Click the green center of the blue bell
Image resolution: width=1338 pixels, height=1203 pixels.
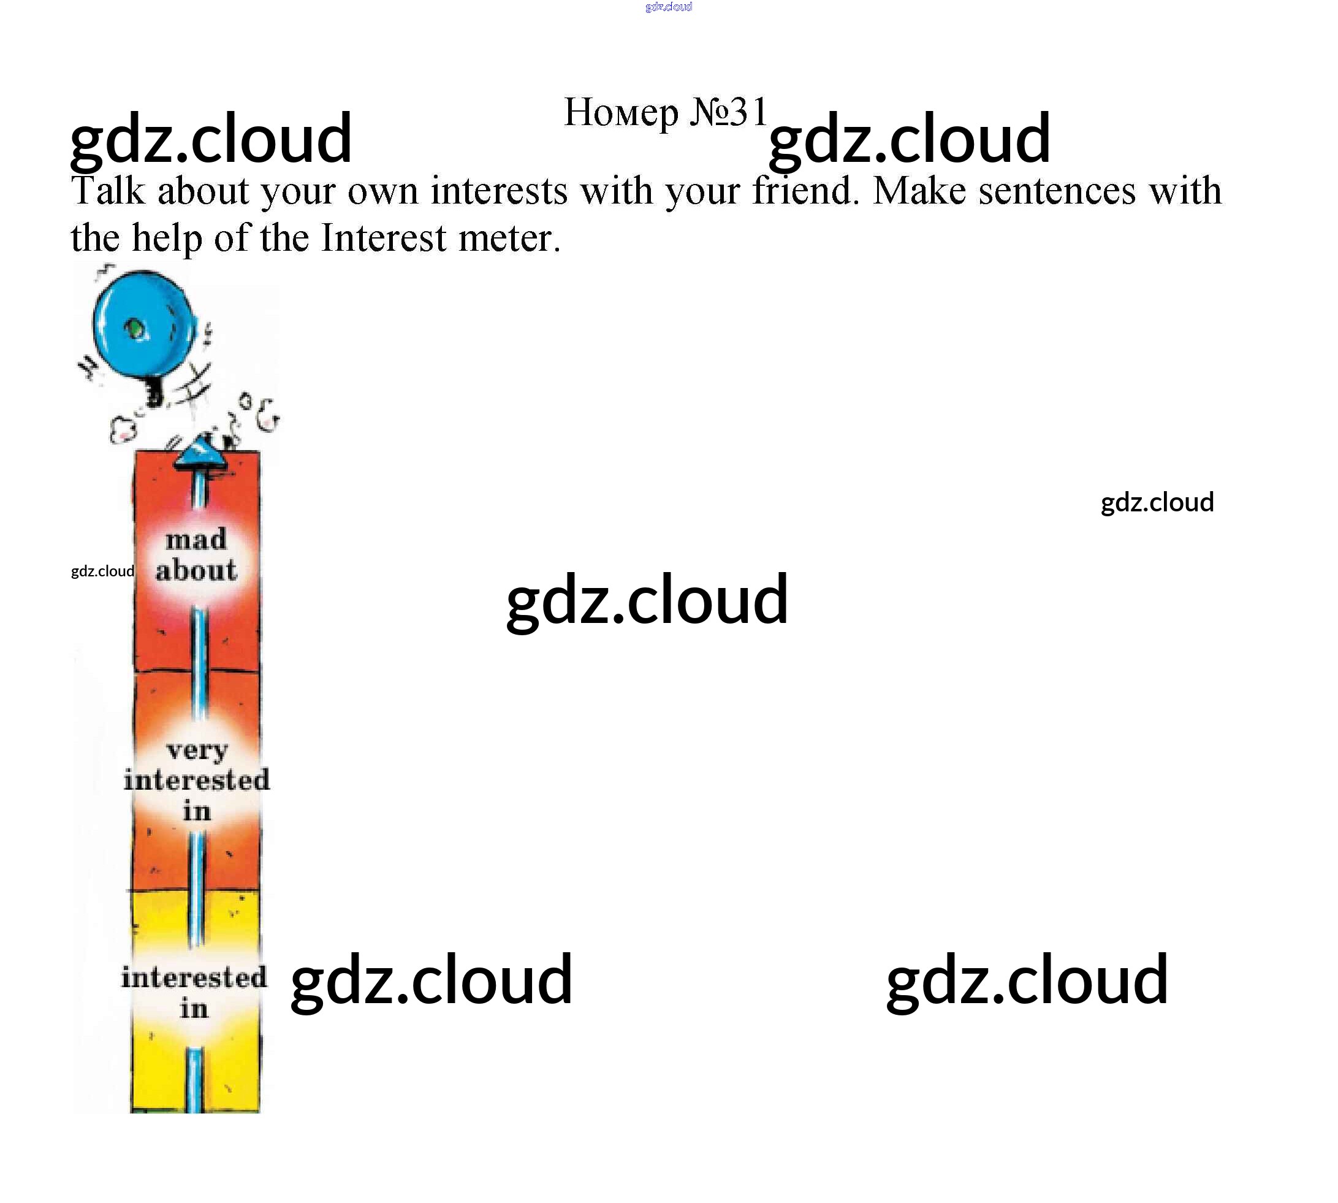[136, 329]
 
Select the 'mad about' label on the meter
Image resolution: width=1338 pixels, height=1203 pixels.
[196, 556]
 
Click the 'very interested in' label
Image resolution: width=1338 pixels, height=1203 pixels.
[196, 780]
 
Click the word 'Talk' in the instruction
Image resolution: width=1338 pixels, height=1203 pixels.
[107, 191]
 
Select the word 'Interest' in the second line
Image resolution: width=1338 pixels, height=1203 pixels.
[383, 238]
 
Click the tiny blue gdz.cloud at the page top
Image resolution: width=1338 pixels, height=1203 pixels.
[668, 7]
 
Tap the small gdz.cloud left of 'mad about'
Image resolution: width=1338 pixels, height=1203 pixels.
[102, 571]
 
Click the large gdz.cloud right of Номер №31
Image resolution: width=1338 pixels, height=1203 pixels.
[909, 139]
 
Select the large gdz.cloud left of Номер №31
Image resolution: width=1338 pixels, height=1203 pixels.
[211, 139]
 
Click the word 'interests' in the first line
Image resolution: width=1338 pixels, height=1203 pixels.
[499, 191]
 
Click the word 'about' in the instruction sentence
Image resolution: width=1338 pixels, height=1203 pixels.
[203, 191]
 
